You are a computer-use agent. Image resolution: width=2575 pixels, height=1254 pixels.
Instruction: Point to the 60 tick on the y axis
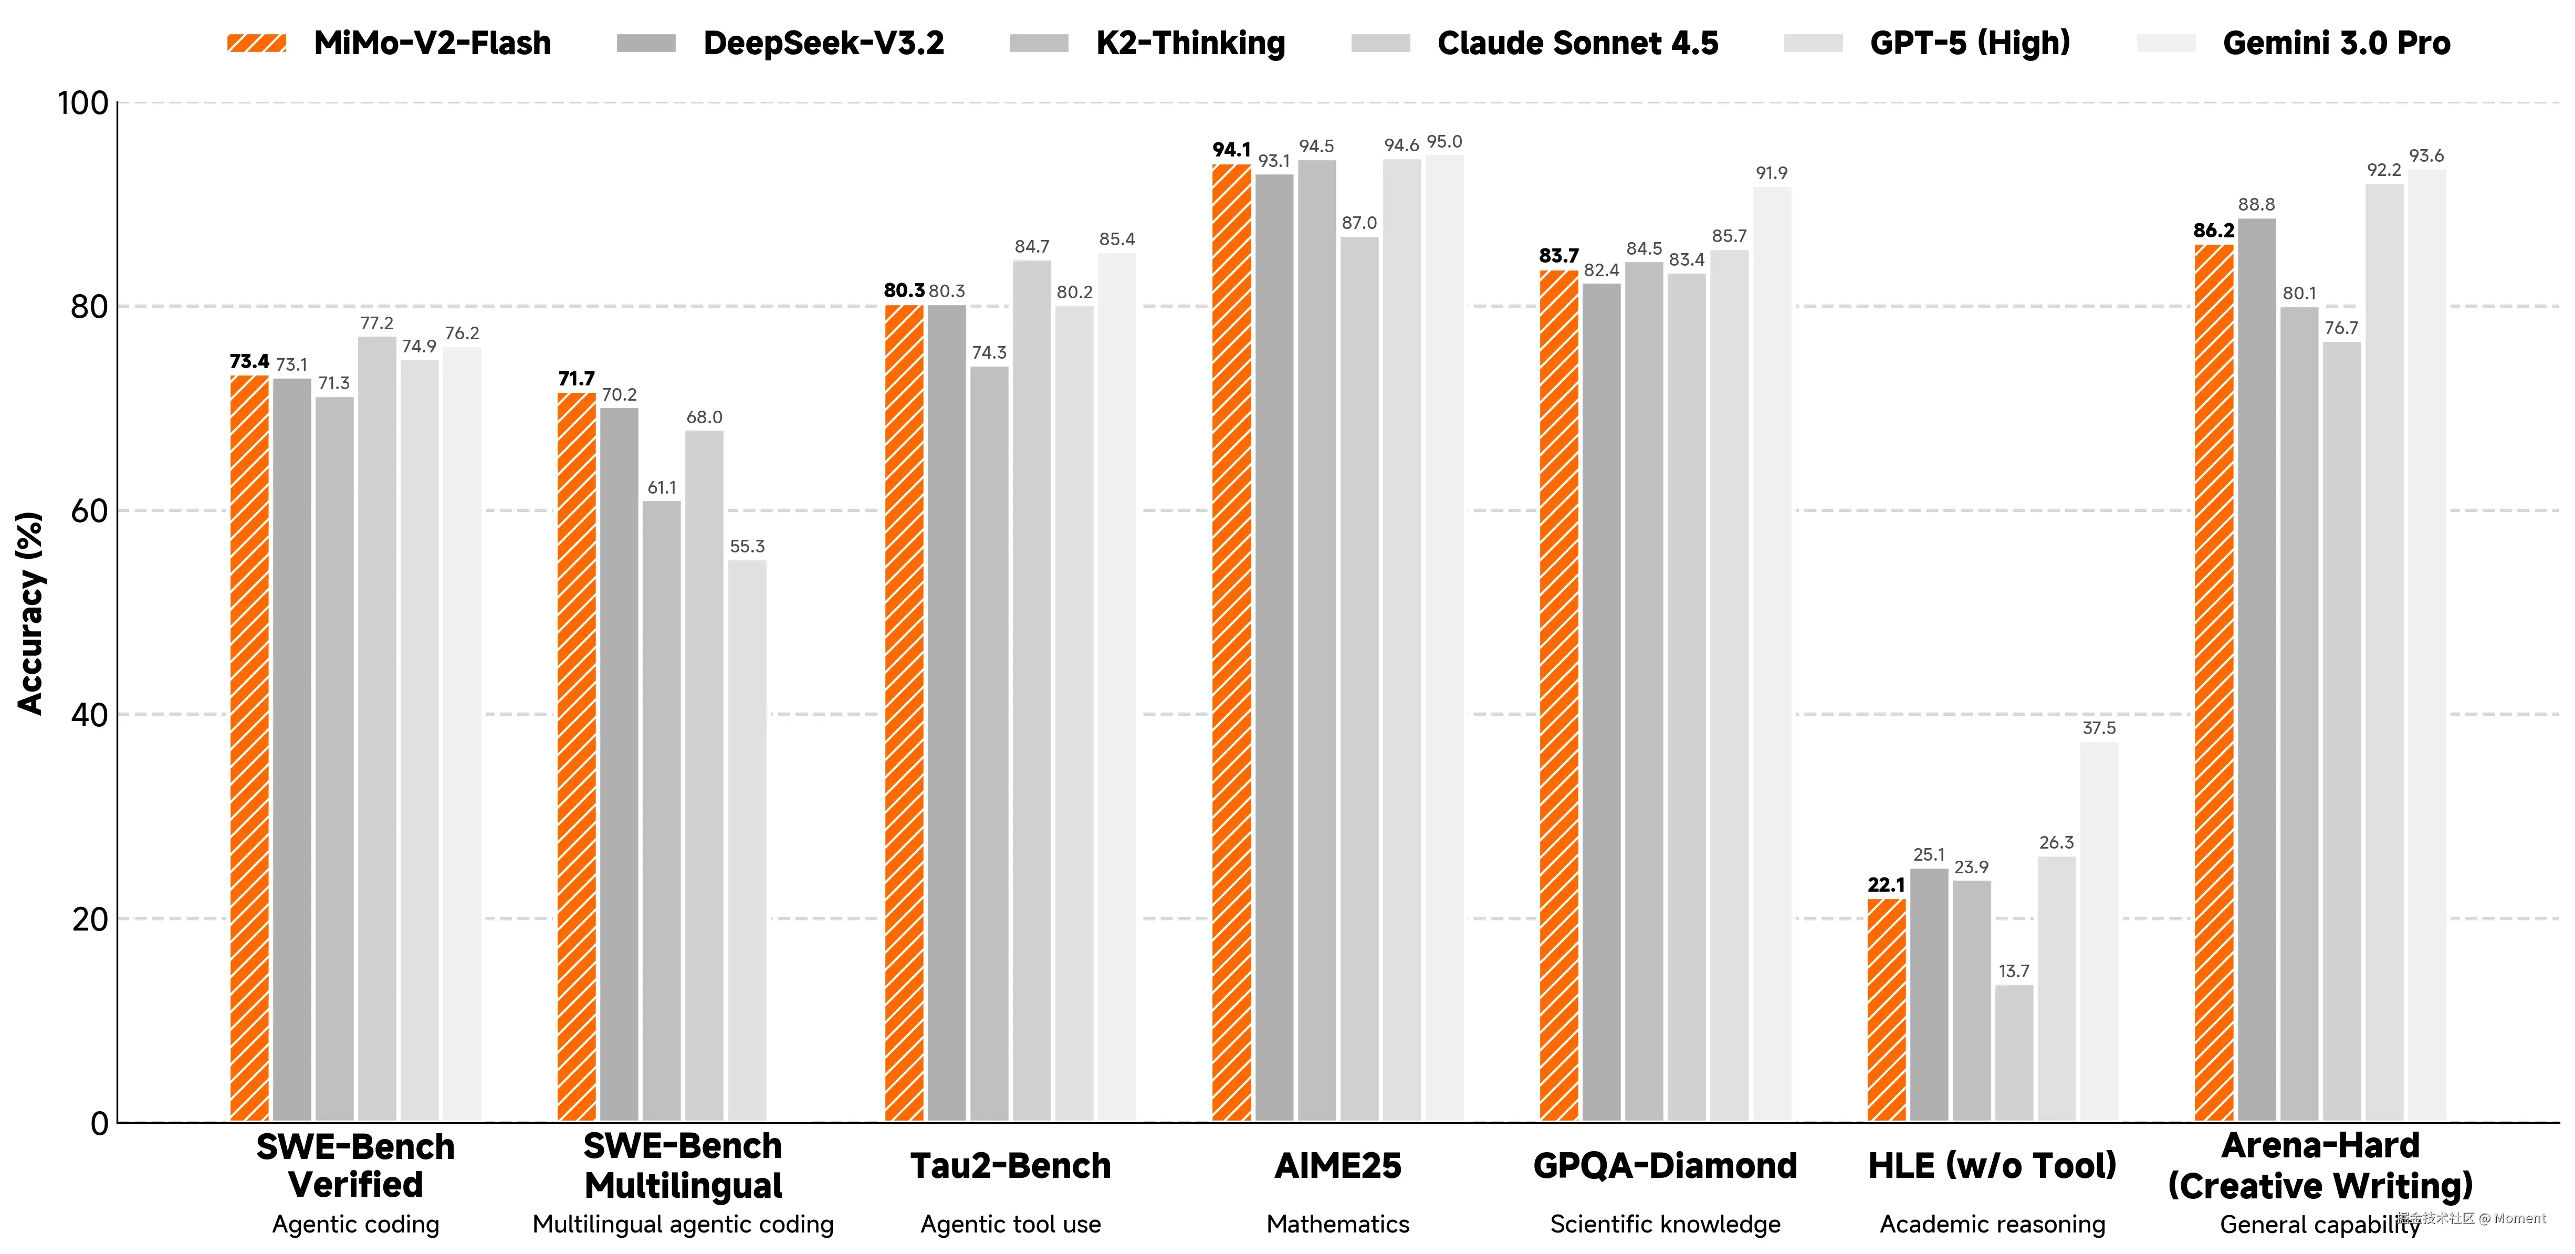tap(89, 511)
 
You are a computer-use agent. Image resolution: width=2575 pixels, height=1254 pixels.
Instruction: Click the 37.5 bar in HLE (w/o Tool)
tap(2099, 930)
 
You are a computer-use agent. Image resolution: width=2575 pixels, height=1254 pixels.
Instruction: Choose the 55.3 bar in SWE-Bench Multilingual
tap(747, 840)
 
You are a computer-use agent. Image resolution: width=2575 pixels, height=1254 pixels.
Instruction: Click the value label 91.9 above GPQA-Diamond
tap(1771, 173)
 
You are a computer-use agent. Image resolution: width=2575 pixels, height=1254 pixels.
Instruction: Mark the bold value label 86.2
tap(2213, 231)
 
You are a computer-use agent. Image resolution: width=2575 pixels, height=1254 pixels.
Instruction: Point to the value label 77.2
tap(377, 323)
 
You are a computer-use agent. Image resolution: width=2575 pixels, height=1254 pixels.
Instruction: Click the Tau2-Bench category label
tap(1011, 1166)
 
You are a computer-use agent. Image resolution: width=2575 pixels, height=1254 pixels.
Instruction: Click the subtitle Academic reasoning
tap(1992, 1224)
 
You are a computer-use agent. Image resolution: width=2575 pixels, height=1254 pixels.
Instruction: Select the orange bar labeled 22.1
tap(1886, 1010)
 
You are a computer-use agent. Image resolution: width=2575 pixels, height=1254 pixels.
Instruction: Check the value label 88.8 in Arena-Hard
tap(2256, 205)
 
